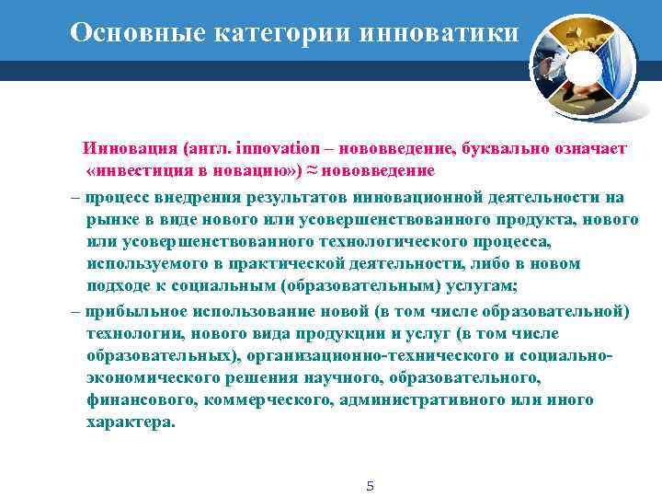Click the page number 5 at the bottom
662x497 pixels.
[x=370, y=486]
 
